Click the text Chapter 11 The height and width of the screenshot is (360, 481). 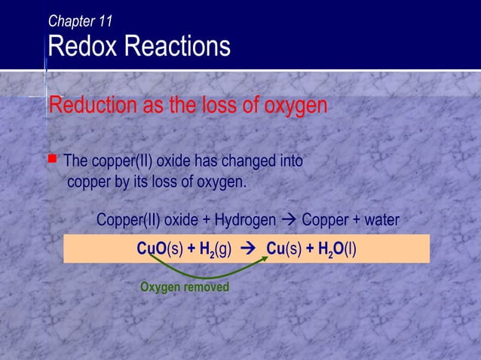[x=81, y=22]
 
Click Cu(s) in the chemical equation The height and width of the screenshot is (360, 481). [x=283, y=249]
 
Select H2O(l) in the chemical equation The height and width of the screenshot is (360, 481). [x=337, y=249]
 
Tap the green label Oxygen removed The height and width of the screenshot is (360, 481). [x=185, y=288]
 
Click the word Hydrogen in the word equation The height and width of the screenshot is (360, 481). [x=245, y=221]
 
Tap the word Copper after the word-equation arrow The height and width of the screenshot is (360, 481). [x=324, y=221]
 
